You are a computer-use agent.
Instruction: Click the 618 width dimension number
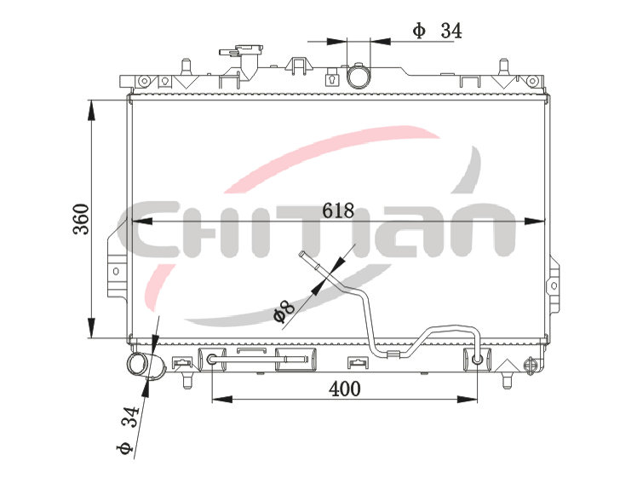click(338, 210)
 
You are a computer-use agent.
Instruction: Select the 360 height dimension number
click(81, 219)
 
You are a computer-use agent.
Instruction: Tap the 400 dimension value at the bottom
click(345, 389)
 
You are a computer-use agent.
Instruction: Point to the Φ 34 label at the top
click(437, 31)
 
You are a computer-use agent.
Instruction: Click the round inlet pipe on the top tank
click(359, 76)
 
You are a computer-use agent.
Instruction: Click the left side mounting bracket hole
click(116, 271)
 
